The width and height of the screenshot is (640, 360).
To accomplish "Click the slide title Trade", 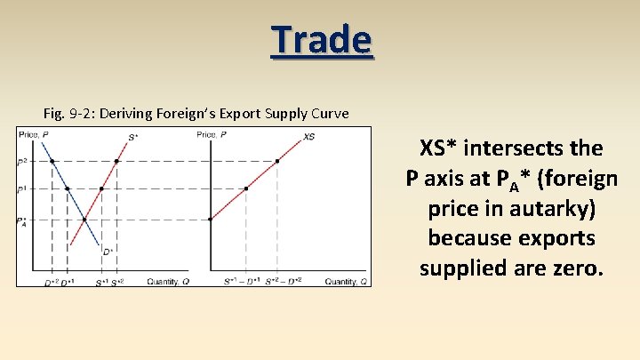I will [322, 40].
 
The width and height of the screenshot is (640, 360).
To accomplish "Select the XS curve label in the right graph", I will [308, 137].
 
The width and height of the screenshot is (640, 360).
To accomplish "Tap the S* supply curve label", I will [132, 138].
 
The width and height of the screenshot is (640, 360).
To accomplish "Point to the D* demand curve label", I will [107, 251].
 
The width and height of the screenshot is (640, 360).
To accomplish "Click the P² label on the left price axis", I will [23, 161].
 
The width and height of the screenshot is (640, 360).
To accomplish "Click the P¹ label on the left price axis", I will [23, 189].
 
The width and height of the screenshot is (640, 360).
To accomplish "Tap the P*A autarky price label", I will [23, 220].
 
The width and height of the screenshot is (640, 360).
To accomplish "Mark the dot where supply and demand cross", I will [84, 220].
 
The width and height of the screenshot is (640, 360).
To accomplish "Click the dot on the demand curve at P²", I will [52, 161].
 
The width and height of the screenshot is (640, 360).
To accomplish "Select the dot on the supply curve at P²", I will [116, 161].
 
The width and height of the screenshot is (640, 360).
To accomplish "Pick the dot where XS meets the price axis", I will [209, 220].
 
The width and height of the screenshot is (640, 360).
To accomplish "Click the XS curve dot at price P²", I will [277, 161].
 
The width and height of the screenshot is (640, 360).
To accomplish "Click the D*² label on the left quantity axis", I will [51, 281].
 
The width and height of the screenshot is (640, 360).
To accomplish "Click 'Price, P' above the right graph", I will [211, 134].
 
